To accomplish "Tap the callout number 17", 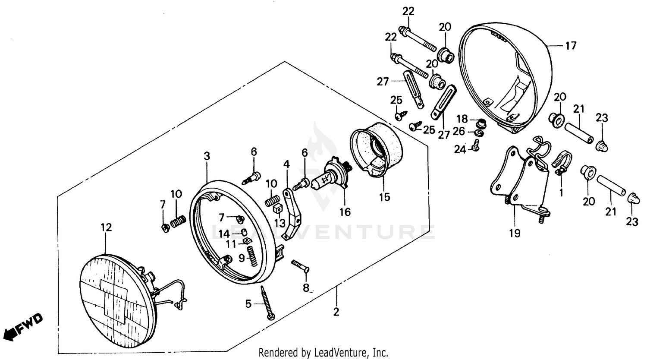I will (x=571, y=45).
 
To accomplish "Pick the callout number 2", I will (x=336, y=312).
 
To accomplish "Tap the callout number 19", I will (x=514, y=233).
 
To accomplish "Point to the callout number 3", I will (x=207, y=156).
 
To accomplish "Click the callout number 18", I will (x=462, y=119).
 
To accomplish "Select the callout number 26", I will (x=459, y=131).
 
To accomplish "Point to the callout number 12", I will (x=106, y=227).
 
